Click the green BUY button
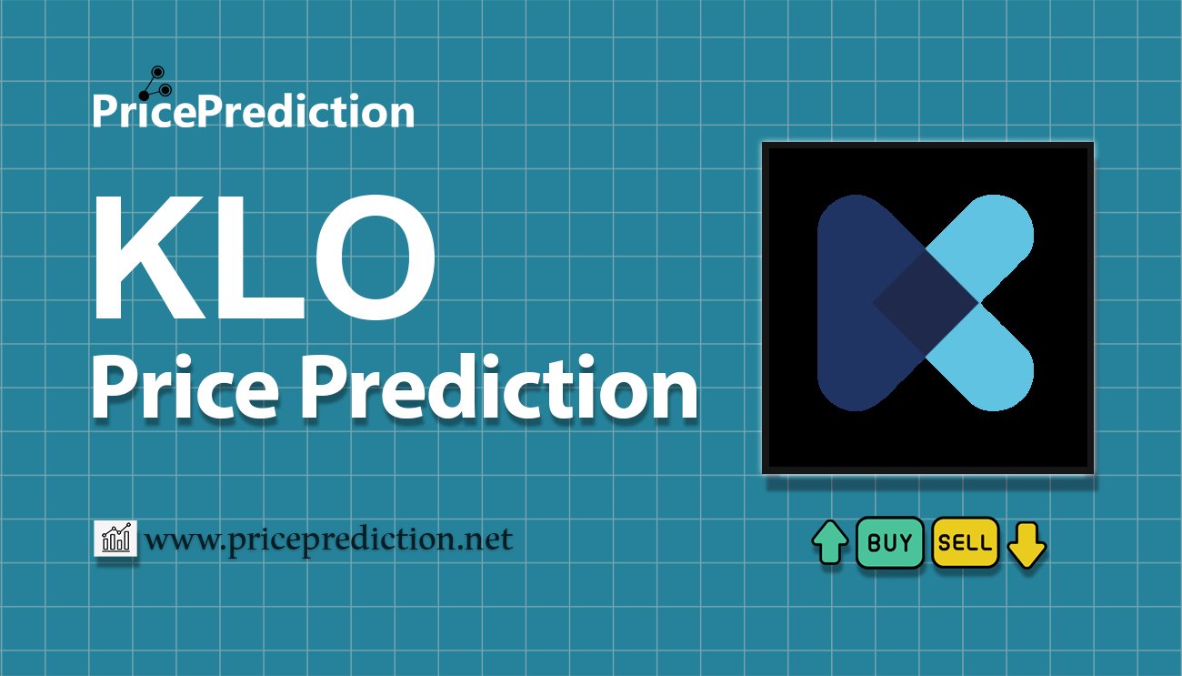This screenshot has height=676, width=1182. click(889, 542)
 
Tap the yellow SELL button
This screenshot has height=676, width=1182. click(966, 542)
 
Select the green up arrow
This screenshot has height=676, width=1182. click(830, 542)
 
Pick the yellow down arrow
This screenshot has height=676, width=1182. click(1027, 545)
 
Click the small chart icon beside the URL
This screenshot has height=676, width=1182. click(115, 538)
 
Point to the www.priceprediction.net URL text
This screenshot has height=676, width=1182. click(328, 540)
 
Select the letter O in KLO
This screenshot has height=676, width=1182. click(376, 257)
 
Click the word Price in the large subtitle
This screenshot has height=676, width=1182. click(185, 387)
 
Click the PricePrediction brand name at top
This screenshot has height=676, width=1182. click(254, 110)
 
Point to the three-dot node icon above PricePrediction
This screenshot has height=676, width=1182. click(155, 84)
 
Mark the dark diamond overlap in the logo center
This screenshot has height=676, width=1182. click(927, 303)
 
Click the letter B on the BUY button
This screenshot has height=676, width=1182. click(874, 542)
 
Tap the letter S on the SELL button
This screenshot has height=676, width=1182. click(944, 543)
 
